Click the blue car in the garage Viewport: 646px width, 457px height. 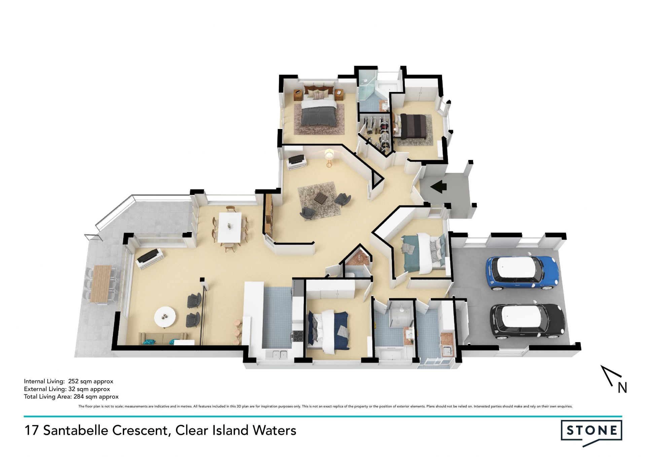(x=522, y=273)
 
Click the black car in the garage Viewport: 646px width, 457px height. (x=527, y=322)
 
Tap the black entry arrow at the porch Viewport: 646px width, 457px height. (x=438, y=186)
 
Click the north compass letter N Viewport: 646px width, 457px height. (x=622, y=388)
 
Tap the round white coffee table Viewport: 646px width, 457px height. (x=165, y=317)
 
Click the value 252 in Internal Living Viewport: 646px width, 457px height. (x=73, y=381)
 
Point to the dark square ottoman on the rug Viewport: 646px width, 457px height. (x=320, y=198)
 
